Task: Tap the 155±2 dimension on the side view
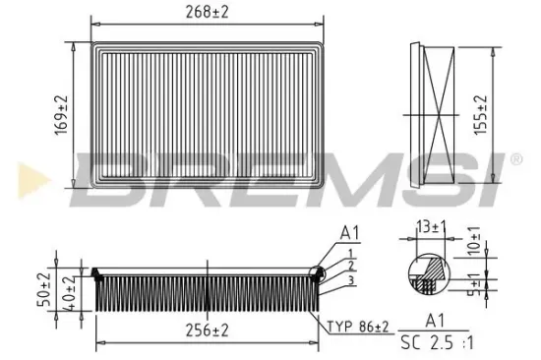coord(481,116)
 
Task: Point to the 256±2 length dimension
coord(208,330)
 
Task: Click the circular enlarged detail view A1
coord(429,271)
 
